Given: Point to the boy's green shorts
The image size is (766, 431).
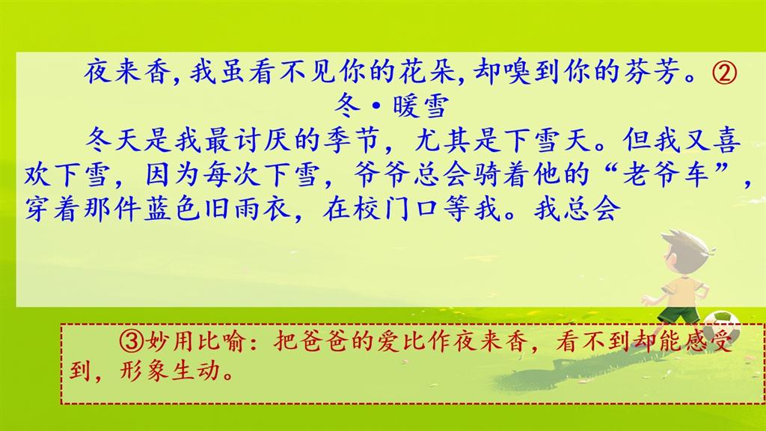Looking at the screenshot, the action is point(678,313).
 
